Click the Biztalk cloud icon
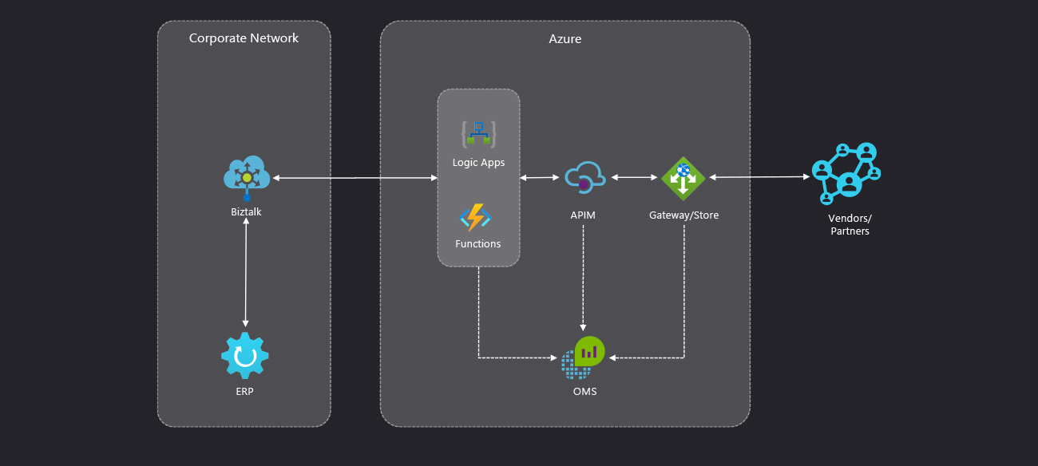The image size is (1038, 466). (x=246, y=176)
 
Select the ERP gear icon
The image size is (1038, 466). (x=245, y=356)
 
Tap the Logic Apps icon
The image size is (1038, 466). (x=478, y=134)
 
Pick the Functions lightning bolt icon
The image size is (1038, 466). (x=476, y=217)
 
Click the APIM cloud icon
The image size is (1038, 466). (x=584, y=178)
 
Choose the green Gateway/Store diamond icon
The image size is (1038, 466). (x=683, y=178)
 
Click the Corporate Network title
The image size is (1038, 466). (x=244, y=38)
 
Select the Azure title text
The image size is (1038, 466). (x=565, y=38)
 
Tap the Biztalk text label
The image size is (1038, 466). (x=245, y=212)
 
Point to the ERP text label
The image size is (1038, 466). (x=245, y=392)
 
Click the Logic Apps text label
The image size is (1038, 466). (x=478, y=163)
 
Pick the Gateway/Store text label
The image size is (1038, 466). (x=683, y=215)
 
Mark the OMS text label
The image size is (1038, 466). (x=584, y=392)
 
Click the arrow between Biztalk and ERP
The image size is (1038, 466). (x=245, y=271)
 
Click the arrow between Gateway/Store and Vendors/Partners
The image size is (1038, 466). (x=759, y=178)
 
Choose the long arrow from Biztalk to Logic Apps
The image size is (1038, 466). (x=355, y=178)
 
